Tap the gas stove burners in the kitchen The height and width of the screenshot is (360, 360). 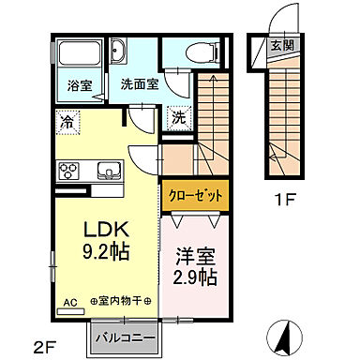tap(69, 171)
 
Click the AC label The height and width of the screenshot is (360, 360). tap(70, 303)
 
